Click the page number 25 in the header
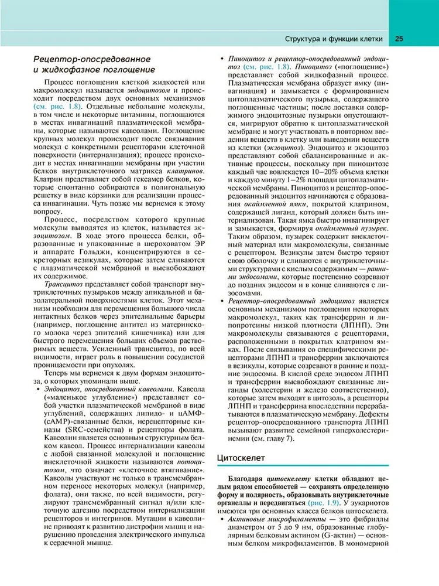click(x=399, y=40)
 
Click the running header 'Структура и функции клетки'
click(x=334, y=40)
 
